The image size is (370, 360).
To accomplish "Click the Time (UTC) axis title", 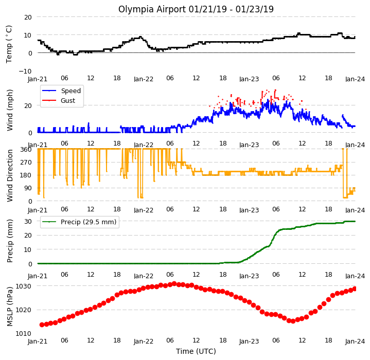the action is (196, 351).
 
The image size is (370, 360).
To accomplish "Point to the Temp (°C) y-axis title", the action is (9, 44).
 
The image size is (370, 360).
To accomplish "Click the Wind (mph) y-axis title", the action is (10, 110).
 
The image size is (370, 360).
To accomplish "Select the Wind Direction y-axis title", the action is (10, 175).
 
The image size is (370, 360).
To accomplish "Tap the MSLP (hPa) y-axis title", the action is (10, 307).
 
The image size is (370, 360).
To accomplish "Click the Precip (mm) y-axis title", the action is (10, 241).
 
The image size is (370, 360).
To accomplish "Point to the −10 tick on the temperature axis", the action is (25, 71).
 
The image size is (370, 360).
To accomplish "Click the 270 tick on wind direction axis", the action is (26, 162).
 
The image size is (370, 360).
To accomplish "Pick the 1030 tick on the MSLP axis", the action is (23, 286).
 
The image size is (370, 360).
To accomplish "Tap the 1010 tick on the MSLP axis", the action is (23, 334).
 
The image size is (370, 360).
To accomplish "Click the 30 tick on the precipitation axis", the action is (28, 221).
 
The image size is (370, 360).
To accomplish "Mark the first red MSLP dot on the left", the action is (42, 325).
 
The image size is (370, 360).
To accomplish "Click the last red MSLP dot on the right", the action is (354, 289).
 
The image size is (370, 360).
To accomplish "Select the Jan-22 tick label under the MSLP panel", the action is (144, 341).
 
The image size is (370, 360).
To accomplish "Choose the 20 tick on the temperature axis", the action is (28, 17).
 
